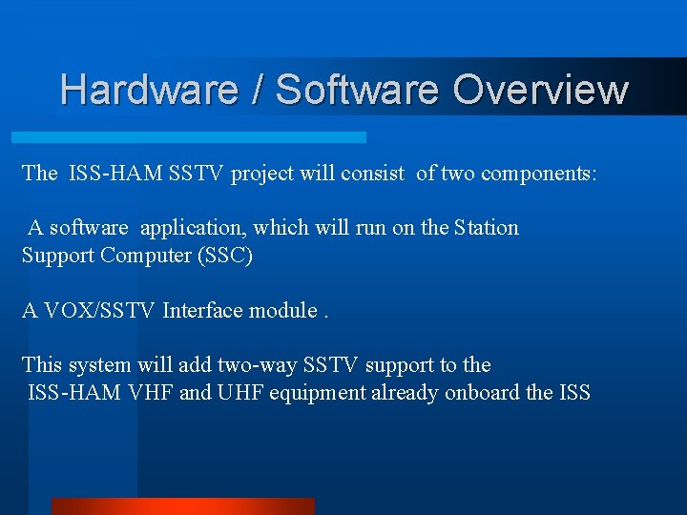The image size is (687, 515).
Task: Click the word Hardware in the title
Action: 149,89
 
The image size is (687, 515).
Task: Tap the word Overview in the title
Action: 540,89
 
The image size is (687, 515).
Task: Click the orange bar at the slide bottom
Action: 182,505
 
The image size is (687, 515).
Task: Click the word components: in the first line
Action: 539,174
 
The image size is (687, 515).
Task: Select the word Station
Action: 487,228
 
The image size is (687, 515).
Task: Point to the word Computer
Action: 146,256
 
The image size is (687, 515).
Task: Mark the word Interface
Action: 202,310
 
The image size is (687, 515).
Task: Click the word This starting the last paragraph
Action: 42,364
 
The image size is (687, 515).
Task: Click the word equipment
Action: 320,392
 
